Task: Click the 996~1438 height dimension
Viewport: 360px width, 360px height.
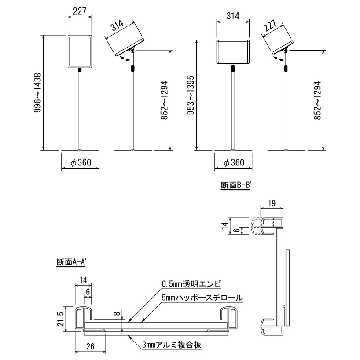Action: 38,93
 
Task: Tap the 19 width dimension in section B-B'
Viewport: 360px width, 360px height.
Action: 271,203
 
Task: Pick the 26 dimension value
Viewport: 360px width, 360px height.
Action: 91,346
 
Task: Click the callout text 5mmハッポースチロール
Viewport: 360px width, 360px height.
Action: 202,298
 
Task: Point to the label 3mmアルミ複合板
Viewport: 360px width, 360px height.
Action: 172,345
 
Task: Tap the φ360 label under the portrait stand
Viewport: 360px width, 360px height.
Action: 81,163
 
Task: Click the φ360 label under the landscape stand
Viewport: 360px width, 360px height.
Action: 234,163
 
